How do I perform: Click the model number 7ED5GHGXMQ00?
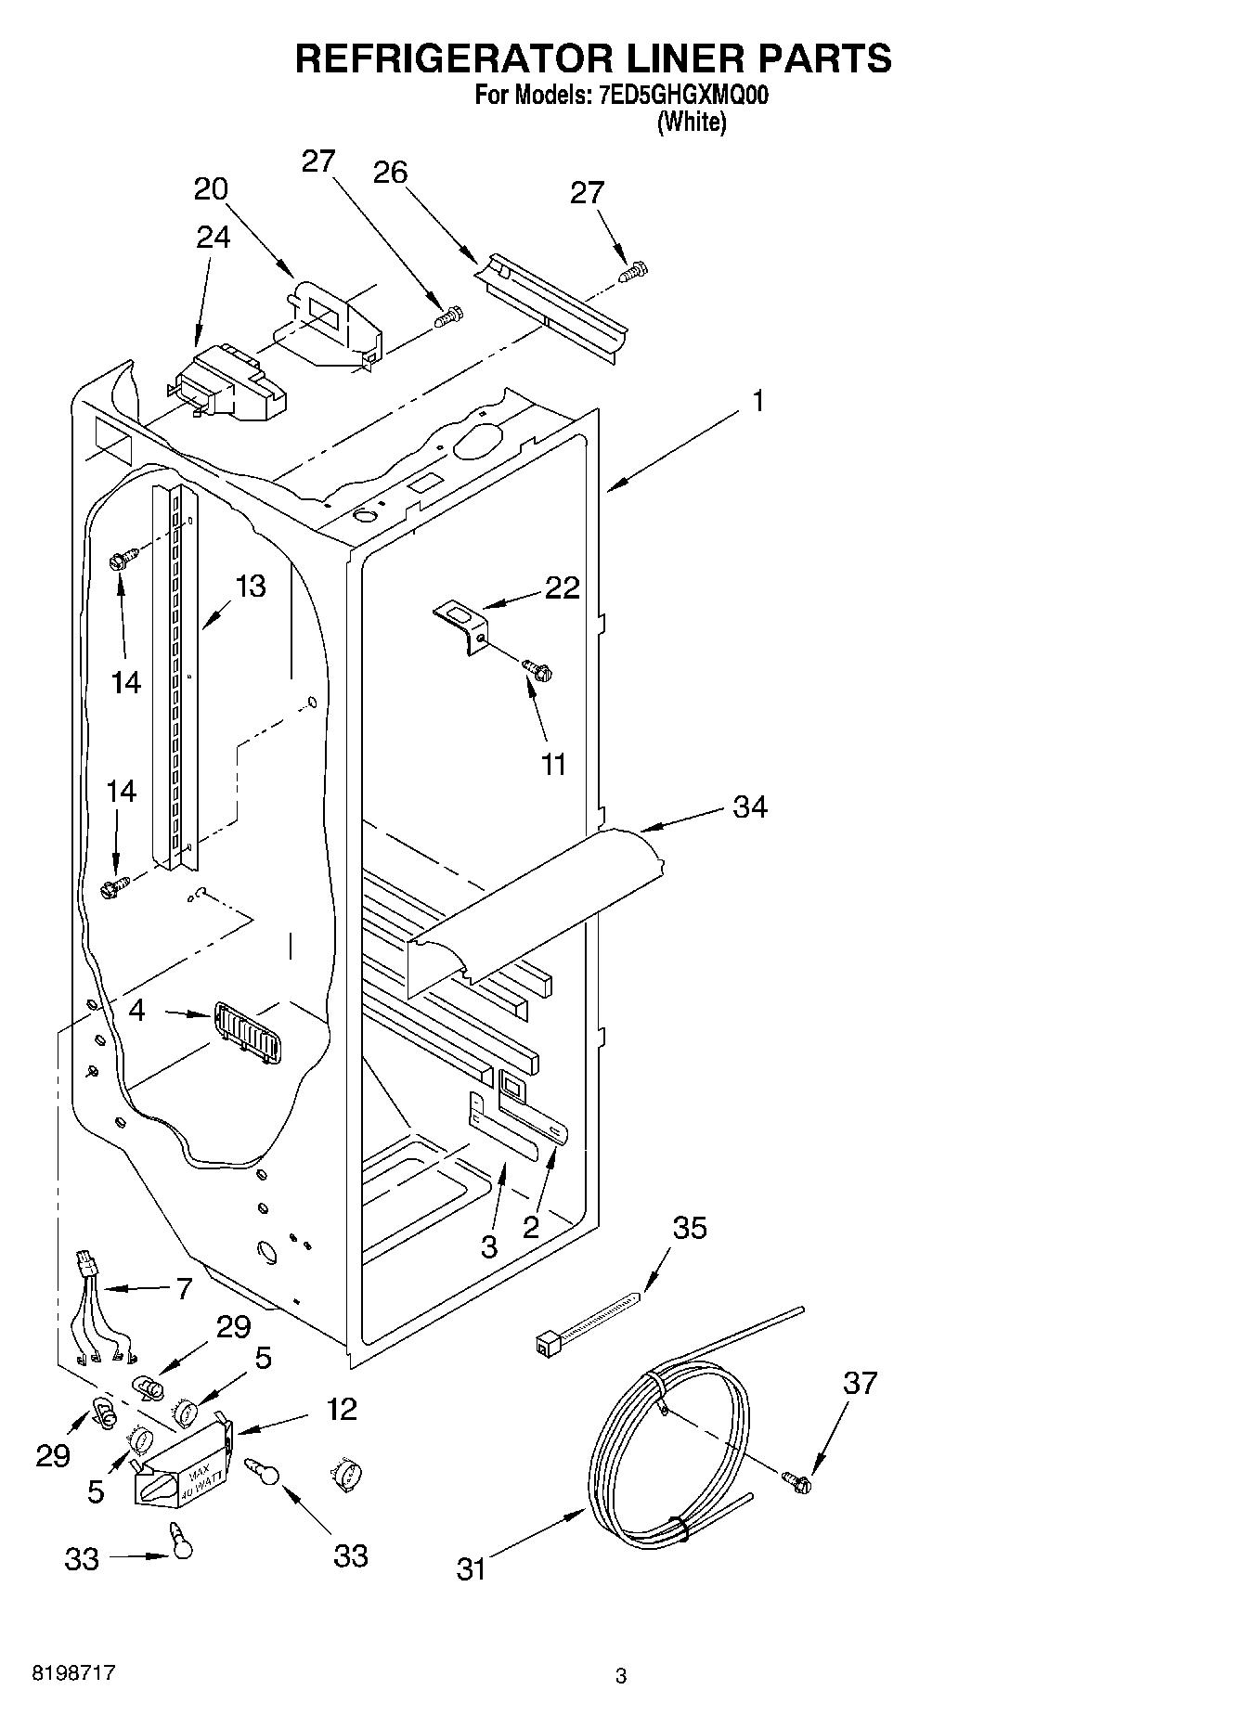tap(679, 96)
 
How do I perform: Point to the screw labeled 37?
tap(796, 1482)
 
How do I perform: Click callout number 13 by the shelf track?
tap(250, 586)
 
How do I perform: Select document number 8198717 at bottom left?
tap(74, 1673)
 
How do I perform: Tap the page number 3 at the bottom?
tap(621, 1676)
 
